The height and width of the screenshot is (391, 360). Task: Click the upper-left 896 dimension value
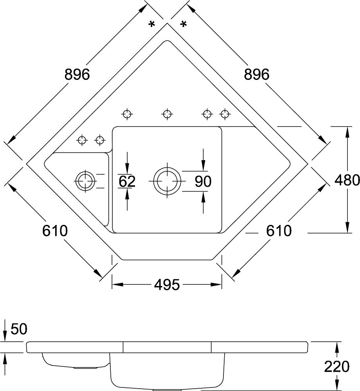[x=77, y=74]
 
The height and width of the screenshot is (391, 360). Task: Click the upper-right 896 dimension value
[x=257, y=74]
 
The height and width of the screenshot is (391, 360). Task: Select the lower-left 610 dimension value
[x=55, y=231]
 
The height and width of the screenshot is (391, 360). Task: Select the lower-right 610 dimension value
[x=279, y=231]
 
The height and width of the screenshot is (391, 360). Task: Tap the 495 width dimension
[x=167, y=284]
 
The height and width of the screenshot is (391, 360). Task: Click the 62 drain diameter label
[x=127, y=181]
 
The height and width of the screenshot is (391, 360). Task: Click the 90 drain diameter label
[x=203, y=181]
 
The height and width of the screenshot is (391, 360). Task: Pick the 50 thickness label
[x=19, y=329]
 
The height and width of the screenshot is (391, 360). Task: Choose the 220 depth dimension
[x=337, y=367]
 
